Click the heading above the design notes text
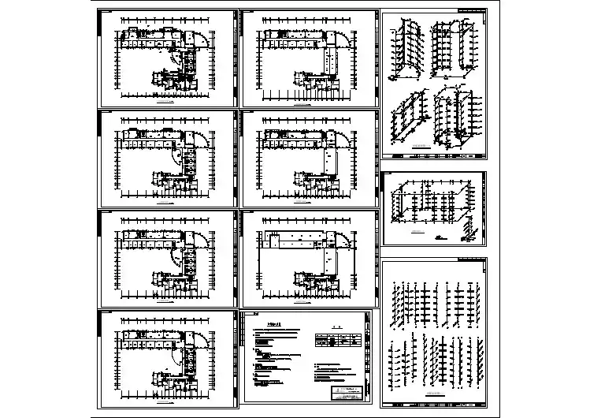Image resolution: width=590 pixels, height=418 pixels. pyautogui.click(x=273, y=324)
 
